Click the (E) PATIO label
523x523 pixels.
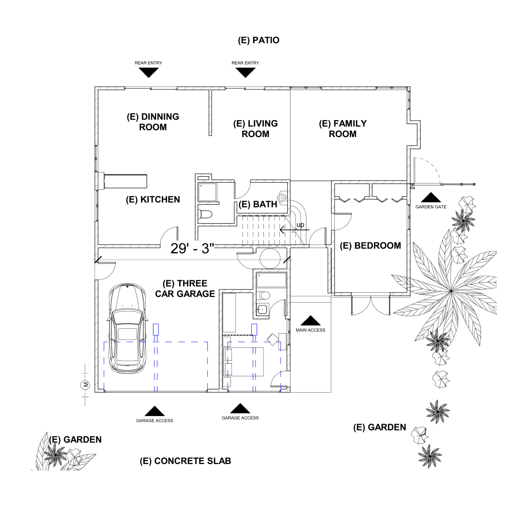tap(259, 40)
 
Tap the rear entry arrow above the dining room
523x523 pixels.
tap(149, 73)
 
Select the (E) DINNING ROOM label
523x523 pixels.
tap(153, 122)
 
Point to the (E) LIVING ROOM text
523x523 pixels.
tap(255, 129)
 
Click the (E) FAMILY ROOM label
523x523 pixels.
tap(342, 129)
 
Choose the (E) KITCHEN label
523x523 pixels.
tap(153, 200)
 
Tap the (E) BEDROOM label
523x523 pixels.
tap(370, 246)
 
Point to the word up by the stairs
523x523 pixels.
tap(300, 225)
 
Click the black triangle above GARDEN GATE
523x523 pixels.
tap(430, 198)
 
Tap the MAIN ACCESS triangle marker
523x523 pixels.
tap(310, 321)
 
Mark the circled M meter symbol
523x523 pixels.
tap(85, 385)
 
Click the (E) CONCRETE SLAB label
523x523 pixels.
tap(185, 461)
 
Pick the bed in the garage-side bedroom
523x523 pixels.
tap(247, 361)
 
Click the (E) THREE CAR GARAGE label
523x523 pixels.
tap(185, 289)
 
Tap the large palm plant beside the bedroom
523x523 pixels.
tap(450, 291)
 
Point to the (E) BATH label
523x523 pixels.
tap(258, 204)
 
